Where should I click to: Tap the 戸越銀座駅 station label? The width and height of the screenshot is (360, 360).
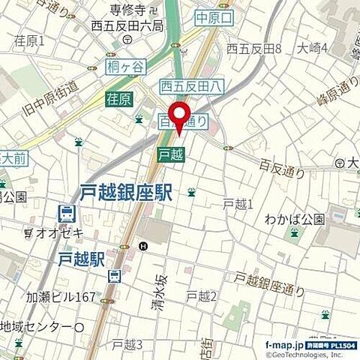click(126, 192)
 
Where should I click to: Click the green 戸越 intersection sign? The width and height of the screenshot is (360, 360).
click(169, 154)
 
